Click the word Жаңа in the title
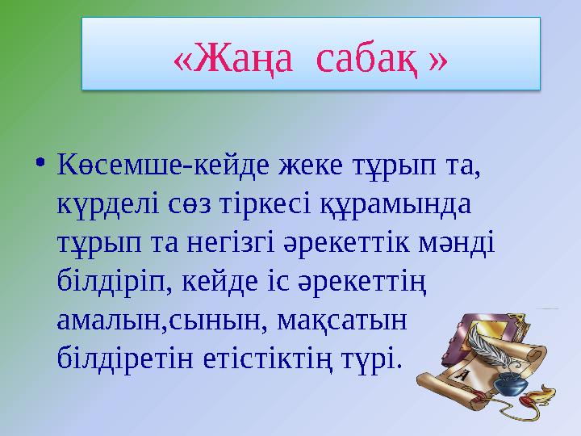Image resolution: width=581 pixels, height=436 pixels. (236, 59)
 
